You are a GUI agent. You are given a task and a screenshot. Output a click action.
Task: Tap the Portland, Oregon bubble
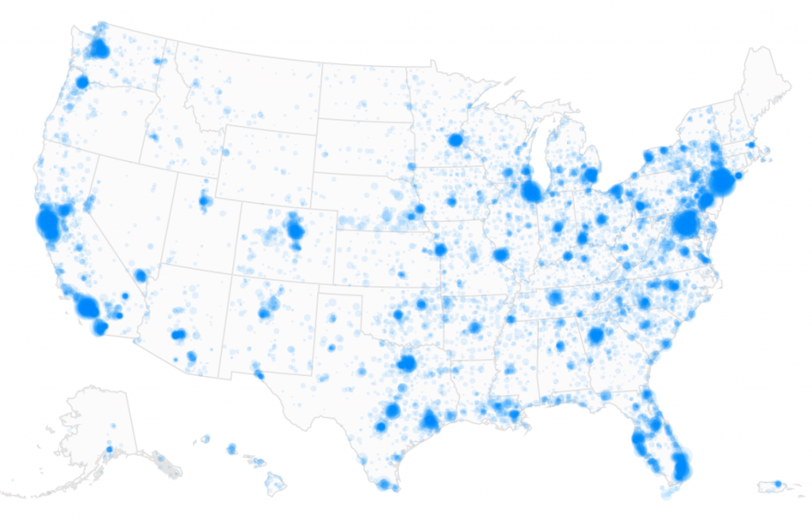pyautogui.click(x=82, y=82)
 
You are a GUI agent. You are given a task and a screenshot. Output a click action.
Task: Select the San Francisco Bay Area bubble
pyautogui.click(x=48, y=224)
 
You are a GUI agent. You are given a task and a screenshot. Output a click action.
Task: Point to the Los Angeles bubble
pyautogui.click(x=86, y=307)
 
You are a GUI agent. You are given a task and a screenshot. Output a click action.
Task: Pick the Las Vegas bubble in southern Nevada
pyautogui.click(x=140, y=275)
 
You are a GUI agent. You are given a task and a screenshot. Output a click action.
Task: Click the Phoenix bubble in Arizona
pyautogui.click(x=178, y=335)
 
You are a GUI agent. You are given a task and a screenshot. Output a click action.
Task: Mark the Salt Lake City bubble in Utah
pyautogui.click(x=205, y=201)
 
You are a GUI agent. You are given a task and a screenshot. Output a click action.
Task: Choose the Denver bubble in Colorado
pyautogui.click(x=296, y=231)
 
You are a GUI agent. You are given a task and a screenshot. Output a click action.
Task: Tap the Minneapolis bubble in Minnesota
pyautogui.click(x=455, y=140)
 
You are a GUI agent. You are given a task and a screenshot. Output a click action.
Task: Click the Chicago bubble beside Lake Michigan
pyautogui.click(x=530, y=191)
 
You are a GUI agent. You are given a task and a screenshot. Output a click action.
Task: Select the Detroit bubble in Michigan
pyautogui.click(x=590, y=174)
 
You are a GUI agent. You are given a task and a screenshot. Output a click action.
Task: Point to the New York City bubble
pyautogui.click(x=722, y=181)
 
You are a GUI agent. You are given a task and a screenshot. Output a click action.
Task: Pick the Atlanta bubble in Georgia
pyautogui.click(x=596, y=335)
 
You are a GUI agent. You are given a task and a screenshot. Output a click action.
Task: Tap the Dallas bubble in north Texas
pyautogui.click(x=408, y=363)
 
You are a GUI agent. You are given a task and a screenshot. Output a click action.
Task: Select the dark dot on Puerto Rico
pyautogui.click(x=777, y=484)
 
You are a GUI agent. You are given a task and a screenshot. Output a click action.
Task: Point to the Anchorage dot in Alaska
pyautogui.click(x=109, y=450)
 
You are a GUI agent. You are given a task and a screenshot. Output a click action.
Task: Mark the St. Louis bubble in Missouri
pyautogui.click(x=500, y=255)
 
